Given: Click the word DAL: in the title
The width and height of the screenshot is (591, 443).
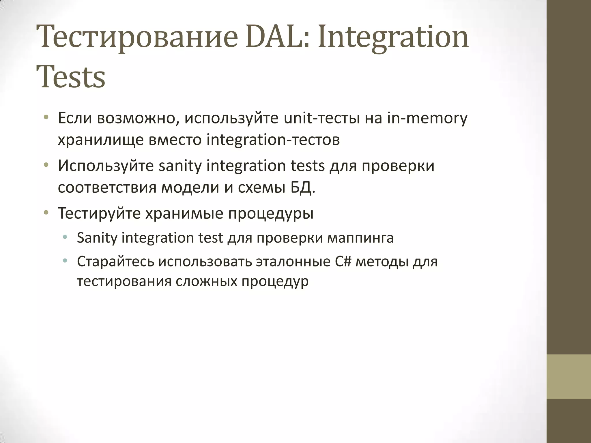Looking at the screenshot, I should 277,37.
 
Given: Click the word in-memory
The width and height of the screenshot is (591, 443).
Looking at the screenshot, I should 427,118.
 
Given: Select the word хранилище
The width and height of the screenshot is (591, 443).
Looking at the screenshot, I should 101,140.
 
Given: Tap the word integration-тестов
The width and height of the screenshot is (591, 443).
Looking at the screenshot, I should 273,140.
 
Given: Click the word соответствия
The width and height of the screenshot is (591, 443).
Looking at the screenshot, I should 107,188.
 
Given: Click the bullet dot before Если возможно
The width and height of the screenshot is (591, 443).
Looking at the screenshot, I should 46,118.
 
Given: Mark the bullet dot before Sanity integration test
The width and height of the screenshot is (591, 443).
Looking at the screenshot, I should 65,238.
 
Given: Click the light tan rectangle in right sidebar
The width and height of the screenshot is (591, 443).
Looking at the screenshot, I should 568,377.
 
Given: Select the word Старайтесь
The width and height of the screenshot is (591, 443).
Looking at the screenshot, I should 115,262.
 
